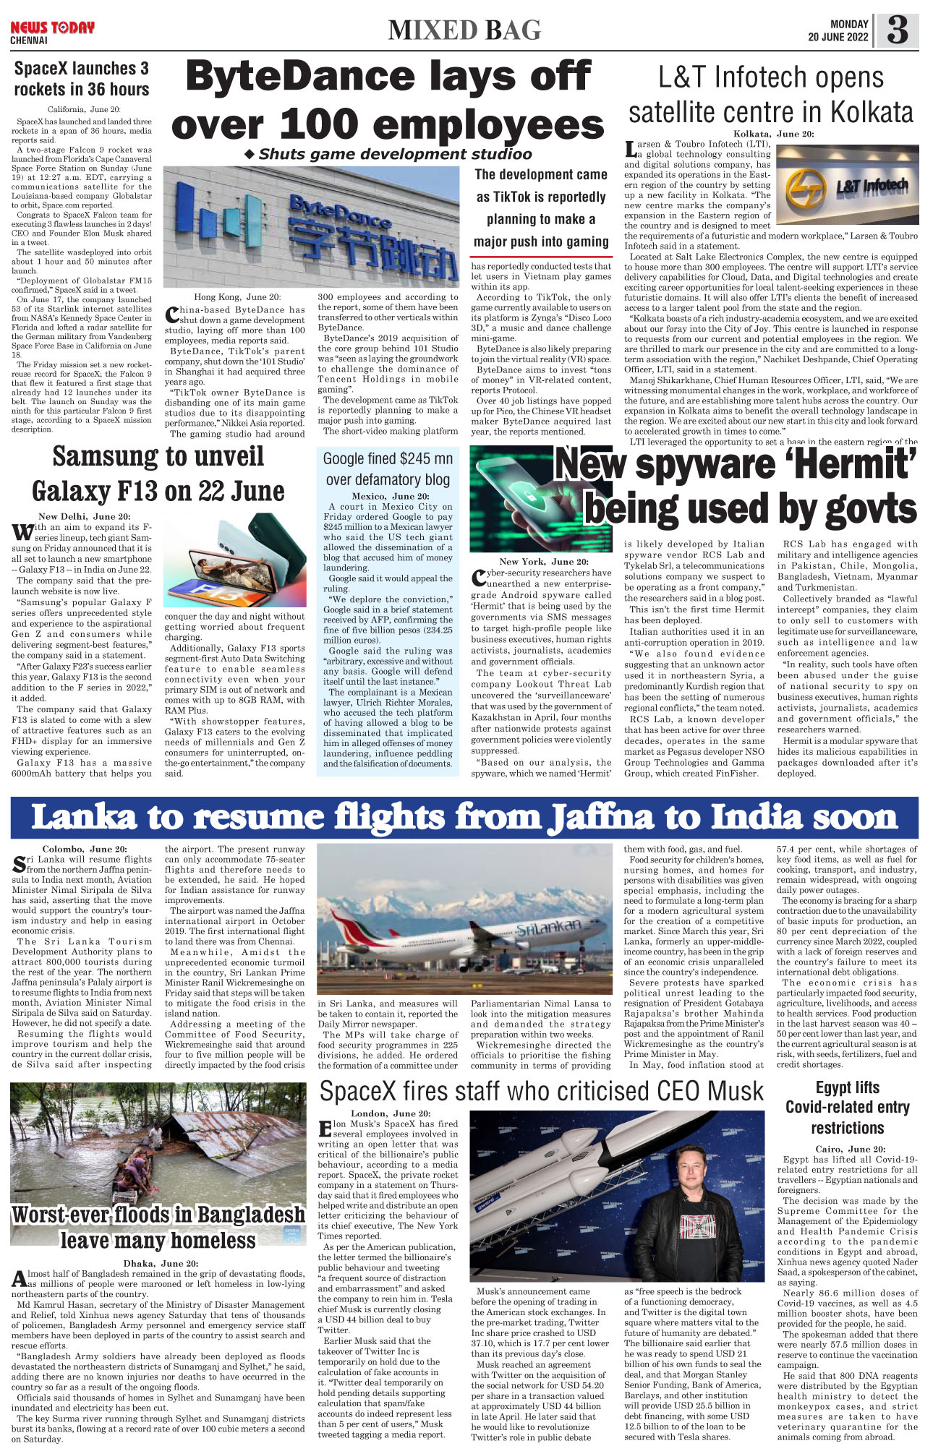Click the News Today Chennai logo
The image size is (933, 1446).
52,31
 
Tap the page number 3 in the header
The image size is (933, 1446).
897,30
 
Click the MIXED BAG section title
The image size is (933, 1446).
464,30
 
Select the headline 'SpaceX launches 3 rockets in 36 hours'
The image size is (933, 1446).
82,79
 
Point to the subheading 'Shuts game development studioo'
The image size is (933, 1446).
388,154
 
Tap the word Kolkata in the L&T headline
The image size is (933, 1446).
872,113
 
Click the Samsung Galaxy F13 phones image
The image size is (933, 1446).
235,560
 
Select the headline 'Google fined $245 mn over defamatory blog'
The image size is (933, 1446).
388,469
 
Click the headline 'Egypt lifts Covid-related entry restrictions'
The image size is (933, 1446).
847,1107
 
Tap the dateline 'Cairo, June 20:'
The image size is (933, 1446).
847,1149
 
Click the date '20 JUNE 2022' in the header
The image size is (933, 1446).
838,38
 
